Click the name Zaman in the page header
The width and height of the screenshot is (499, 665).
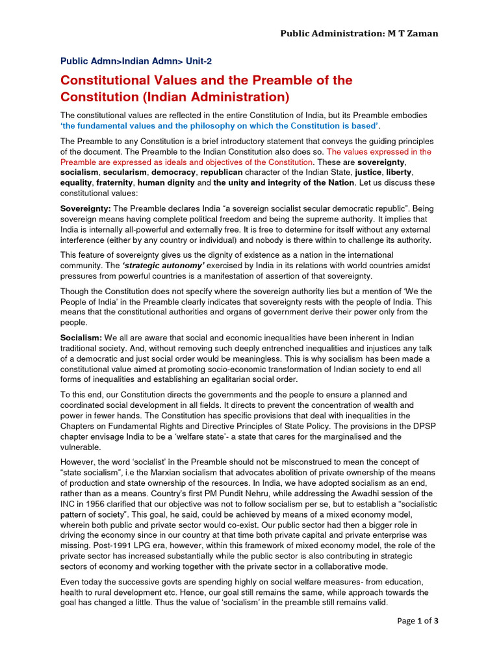coord(422,33)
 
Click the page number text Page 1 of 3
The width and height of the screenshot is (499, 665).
coord(419,621)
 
